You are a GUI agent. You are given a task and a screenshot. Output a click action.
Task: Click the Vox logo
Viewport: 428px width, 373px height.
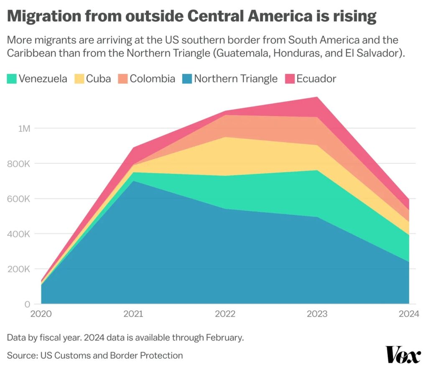[403, 355]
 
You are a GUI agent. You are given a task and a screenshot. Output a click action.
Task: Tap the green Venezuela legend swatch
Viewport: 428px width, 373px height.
[13, 79]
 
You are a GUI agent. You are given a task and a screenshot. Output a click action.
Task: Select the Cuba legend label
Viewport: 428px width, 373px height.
[98, 79]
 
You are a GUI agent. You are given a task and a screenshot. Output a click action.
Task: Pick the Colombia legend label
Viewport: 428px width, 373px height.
[152, 79]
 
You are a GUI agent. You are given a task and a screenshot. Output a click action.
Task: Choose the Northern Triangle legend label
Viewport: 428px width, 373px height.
[236, 79]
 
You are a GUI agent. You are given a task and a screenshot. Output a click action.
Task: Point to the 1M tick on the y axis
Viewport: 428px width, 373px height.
[23, 128]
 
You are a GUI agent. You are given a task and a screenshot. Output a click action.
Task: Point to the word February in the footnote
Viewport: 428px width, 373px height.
[226, 337]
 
